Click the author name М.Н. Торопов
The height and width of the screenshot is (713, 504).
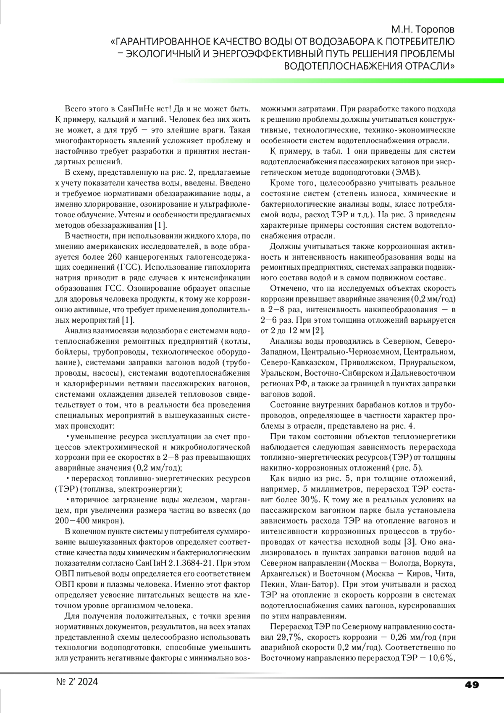(423, 30)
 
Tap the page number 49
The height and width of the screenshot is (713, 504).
(472, 685)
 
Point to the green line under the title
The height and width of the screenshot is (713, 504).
(336, 80)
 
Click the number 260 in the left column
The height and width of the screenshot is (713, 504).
(115, 257)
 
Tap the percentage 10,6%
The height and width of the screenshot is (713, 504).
(441, 658)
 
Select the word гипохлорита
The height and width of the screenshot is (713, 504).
(228, 267)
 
